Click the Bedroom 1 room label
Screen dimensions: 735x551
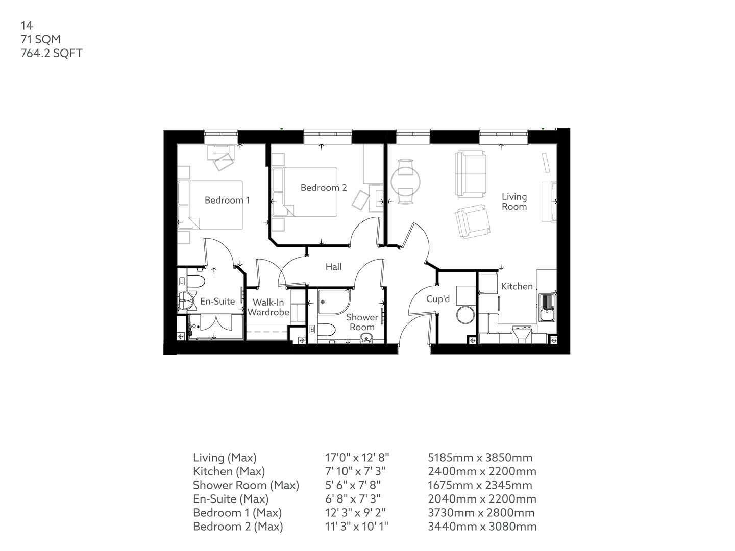coord(227,200)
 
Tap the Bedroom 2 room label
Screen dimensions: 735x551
coord(323,188)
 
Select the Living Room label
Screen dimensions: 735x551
coord(514,202)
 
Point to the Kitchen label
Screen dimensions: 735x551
coord(517,287)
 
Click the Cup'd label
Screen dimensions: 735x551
coord(438,299)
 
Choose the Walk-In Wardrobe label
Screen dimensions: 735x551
coord(268,308)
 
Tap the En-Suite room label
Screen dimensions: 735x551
coord(217,302)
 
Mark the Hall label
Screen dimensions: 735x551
coord(333,267)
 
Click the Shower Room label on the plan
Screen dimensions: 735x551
coord(362,322)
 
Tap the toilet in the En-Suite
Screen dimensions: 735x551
coord(195,281)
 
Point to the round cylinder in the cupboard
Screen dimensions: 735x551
coord(465,315)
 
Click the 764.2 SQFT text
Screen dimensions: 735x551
coord(51,53)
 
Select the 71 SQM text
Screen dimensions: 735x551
coord(40,39)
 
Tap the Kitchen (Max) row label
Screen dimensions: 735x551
coord(229,471)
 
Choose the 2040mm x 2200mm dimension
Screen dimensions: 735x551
coord(481,499)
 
